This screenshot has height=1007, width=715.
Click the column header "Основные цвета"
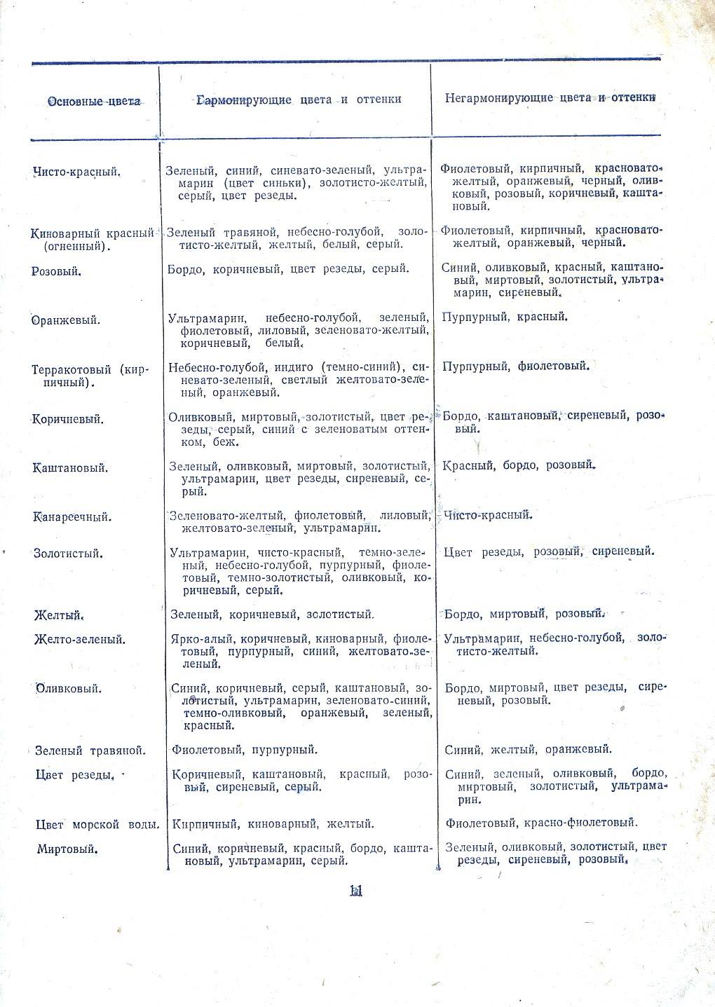pyautogui.click(x=93, y=102)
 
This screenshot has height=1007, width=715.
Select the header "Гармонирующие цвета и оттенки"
pyautogui.click(x=299, y=100)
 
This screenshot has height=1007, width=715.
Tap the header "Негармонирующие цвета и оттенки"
pyautogui.click(x=550, y=97)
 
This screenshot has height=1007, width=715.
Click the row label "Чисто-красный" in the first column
pyautogui.click(x=76, y=172)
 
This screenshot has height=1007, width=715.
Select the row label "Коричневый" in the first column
pyautogui.click(x=68, y=420)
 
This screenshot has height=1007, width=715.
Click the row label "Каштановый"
pyautogui.click(x=70, y=468)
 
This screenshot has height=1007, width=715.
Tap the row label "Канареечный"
pyautogui.click(x=71, y=517)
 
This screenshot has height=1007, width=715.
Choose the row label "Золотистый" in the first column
pyautogui.click(x=69, y=554)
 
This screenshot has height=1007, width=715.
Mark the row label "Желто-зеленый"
pyautogui.click(x=80, y=639)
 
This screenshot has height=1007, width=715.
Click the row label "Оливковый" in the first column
pyautogui.click(x=69, y=688)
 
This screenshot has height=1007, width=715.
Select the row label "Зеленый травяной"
pyautogui.click(x=90, y=751)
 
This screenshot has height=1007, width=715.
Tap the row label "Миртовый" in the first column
pyautogui.click(x=67, y=849)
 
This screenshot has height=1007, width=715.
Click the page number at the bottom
pyautogui.click(x=355, y=891)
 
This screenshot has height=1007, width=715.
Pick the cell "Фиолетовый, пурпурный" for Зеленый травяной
pyautogui.click(x=245, y=750)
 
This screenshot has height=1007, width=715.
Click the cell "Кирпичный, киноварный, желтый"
pyautogui.click(x=273, y=824)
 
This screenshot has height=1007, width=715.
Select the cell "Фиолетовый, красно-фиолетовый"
pyautogui.click(x=541, y=823)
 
